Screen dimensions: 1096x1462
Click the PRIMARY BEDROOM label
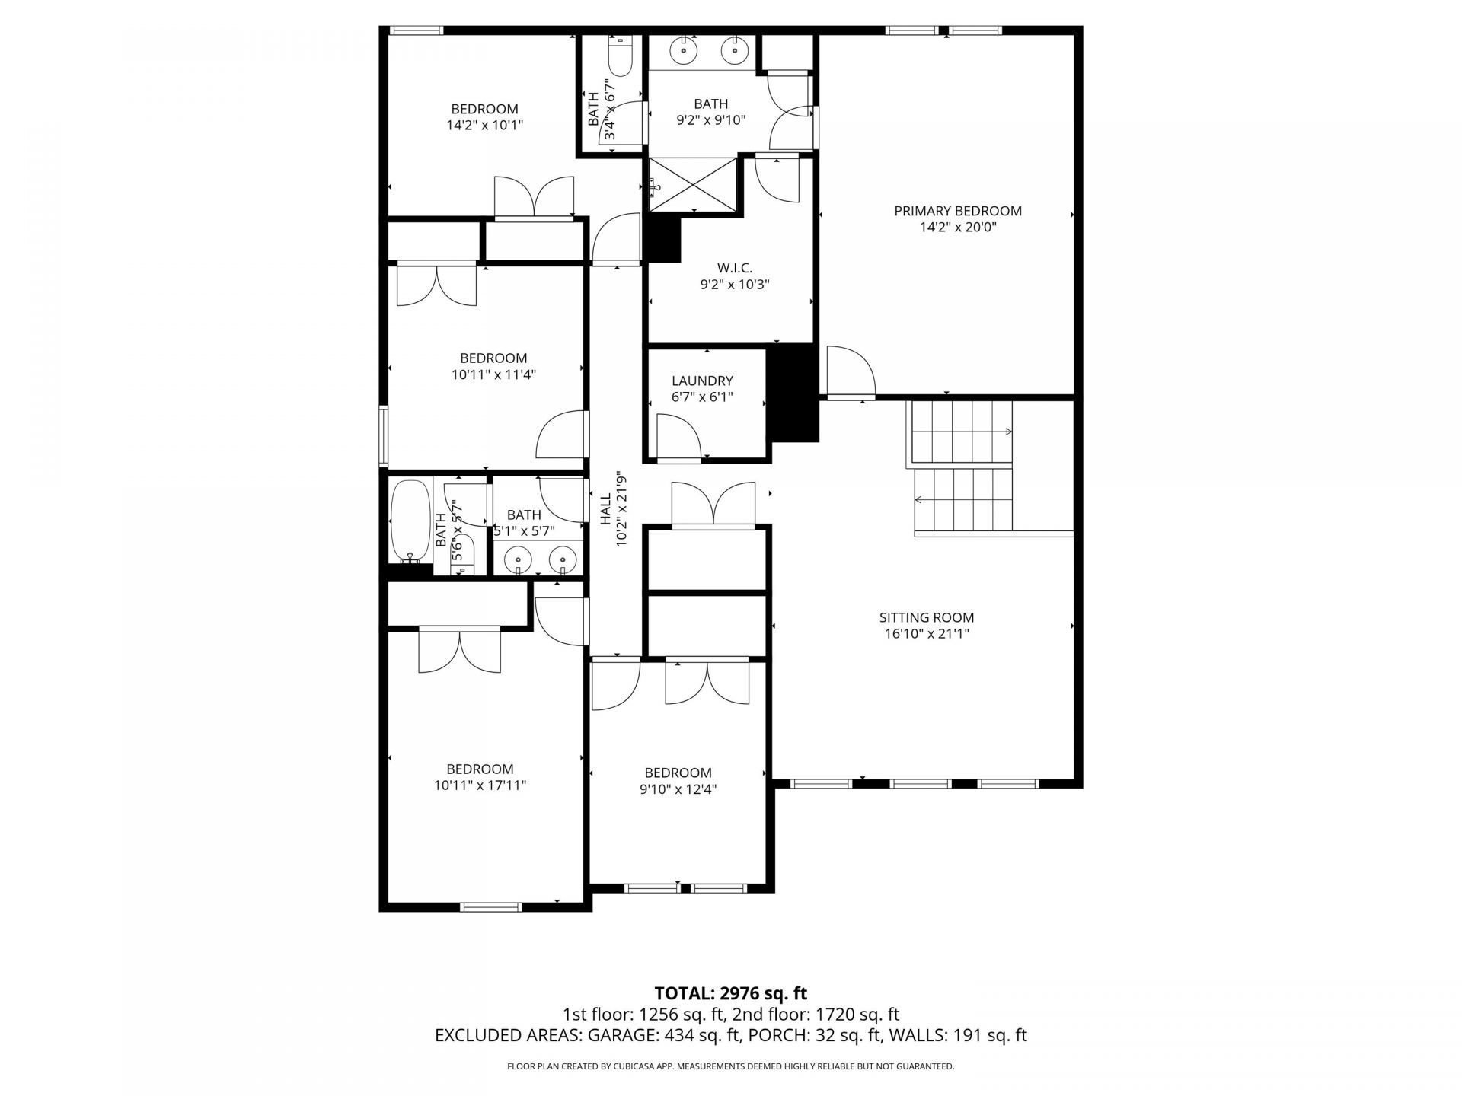957,211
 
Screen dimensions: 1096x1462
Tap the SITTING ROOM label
926,617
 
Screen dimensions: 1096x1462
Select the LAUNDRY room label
702,381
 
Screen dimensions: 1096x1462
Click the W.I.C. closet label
734,268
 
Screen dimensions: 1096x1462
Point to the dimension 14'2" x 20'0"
957,228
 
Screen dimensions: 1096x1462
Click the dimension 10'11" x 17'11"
480,785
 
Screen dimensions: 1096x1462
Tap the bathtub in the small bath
410,521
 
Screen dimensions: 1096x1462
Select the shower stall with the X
693,183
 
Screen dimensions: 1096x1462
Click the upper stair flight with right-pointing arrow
962,432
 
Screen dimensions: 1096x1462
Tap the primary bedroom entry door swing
851,371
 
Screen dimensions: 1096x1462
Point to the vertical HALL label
606,508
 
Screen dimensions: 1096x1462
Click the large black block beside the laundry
794,393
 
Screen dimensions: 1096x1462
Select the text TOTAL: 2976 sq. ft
730,993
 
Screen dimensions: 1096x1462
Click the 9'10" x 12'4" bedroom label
678,773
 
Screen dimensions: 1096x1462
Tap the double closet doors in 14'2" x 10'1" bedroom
534,198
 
